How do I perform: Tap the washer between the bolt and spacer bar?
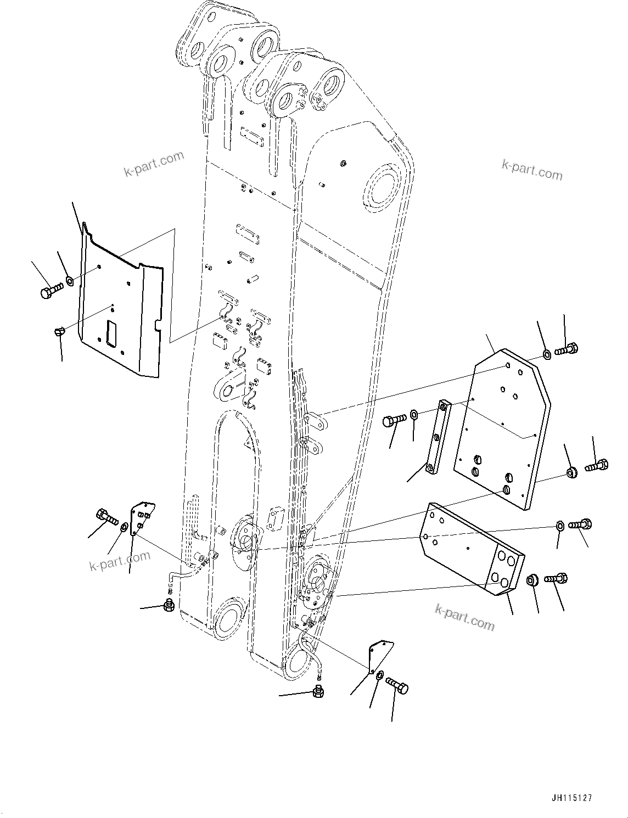(x=414, y=414)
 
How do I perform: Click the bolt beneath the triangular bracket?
(x=397, y=685)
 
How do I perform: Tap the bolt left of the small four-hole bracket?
(x=106, y=516)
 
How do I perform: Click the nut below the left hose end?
(x=169, y=606)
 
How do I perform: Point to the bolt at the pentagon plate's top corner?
(x=567, y=348)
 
